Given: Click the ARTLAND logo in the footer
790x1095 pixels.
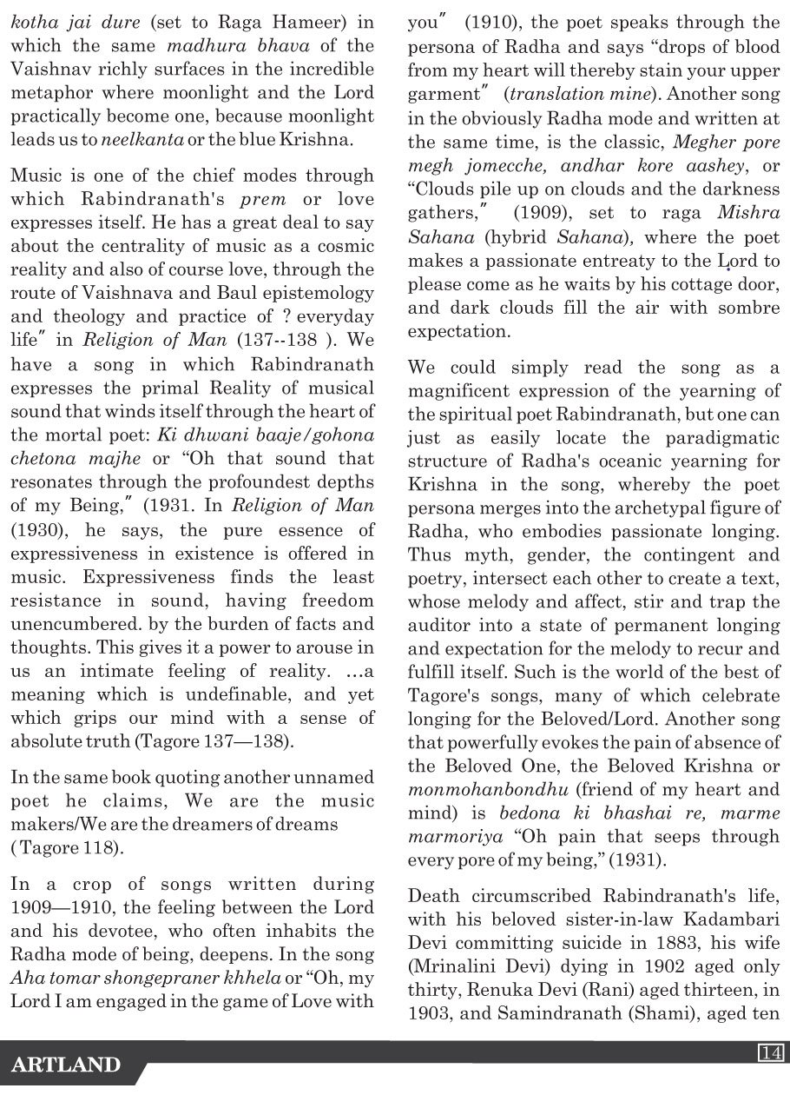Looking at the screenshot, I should point(66,1065).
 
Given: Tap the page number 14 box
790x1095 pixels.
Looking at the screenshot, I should point(771,1052).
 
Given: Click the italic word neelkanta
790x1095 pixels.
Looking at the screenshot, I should point(134,139).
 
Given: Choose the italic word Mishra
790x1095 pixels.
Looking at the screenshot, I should point(749,212).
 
